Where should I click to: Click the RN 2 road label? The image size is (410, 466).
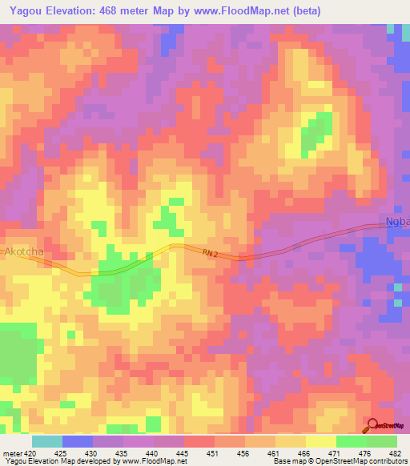(x=211, y=253)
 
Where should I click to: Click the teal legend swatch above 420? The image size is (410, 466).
(x=47, y=441)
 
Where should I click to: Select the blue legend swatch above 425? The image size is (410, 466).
(x=78, y=441)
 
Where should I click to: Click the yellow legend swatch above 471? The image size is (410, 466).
(x=321, y=441)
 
